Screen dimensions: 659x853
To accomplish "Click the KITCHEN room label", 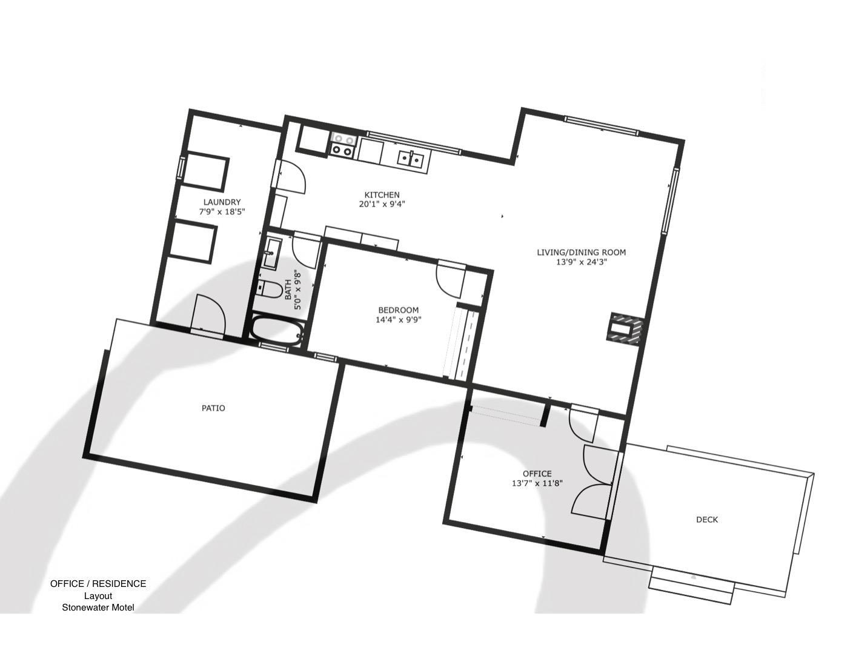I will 382,194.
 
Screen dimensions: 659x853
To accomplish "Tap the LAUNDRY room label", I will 222,202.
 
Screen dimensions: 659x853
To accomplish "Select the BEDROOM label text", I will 398,310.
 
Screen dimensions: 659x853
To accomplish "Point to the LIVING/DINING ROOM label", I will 581,252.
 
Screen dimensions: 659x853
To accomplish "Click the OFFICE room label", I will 537,474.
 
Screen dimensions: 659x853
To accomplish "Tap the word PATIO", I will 213,408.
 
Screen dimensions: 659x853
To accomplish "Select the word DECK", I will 707,520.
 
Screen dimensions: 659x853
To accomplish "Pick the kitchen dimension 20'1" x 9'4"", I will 382,204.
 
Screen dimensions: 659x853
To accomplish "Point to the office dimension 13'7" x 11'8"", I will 537,483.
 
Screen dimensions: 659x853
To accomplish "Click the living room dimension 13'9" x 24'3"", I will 581,262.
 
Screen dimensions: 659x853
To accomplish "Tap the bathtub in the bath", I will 277,331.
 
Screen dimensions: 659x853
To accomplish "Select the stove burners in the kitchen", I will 342,145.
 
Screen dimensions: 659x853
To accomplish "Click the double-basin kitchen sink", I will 410,159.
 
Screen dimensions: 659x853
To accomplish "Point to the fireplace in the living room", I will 625,329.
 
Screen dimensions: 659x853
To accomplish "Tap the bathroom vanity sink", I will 273,251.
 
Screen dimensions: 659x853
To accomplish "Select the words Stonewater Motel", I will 98,607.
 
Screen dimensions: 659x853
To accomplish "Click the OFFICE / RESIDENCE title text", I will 98,584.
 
